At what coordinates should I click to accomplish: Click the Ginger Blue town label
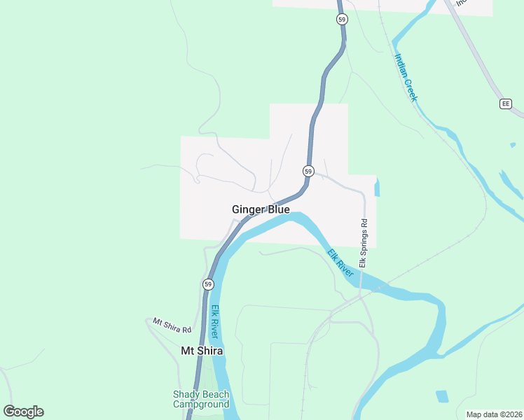(261, 209)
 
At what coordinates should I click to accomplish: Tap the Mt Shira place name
(202, 351)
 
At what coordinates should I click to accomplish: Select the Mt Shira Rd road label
(172, 325)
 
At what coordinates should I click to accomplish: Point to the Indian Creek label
(406, 77)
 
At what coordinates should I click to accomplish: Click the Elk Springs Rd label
(363, 243)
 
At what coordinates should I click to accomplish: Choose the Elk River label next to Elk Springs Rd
(340, 262)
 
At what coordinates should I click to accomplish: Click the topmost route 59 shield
(341, 20)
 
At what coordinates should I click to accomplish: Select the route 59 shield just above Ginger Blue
(308, 171)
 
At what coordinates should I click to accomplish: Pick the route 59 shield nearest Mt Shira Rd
(208, 284)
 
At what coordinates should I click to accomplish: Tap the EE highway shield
(506, 104)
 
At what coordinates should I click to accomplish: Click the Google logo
(23, 411)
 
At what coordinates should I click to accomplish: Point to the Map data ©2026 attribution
(493, 414)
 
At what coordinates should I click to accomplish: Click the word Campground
(201, 404)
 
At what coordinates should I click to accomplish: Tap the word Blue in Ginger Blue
(277, 209)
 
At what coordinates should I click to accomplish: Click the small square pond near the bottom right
(442, 396)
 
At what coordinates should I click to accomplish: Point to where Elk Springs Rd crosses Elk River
(360, 283)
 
